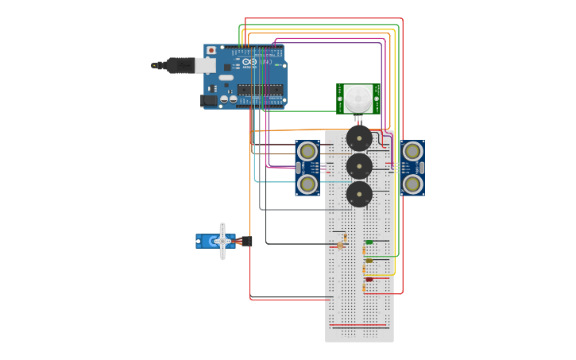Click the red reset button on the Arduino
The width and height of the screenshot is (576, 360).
211,50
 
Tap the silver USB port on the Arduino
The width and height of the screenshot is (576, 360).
205,65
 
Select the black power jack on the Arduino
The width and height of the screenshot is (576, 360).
209,100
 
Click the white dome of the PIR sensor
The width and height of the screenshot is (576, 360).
357,99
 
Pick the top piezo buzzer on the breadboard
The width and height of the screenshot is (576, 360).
359,138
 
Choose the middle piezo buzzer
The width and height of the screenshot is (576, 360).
359,167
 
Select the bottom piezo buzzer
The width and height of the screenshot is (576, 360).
359,194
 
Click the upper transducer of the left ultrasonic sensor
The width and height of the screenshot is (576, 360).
307,151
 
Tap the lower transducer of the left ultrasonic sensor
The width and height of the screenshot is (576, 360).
307,184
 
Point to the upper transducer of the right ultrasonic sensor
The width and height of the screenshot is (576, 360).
412,151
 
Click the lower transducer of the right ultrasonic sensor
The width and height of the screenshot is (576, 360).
412,184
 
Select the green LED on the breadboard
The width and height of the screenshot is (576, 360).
369,242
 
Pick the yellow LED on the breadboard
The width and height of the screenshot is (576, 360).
369,261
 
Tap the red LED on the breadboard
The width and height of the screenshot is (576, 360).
369,280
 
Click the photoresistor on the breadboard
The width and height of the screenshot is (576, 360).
341,245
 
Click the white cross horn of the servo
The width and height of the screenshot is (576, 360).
222,241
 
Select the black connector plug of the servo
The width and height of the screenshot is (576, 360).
247,241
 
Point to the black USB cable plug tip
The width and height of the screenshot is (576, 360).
154,65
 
